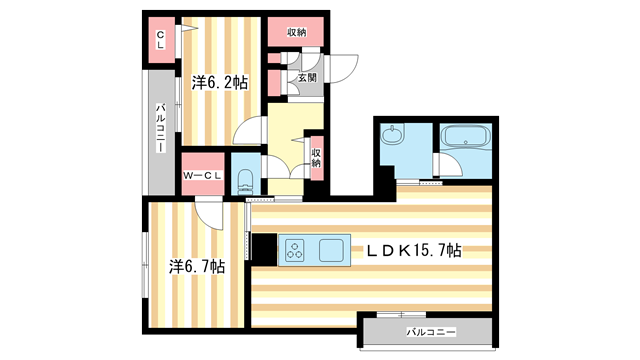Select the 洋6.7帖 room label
pos(196,267)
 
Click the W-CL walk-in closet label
pos(203,177)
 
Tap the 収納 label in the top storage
pos(297,33)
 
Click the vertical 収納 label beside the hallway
pos(316,157)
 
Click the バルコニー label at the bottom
pos(431,329)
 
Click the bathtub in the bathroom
pos(463,139)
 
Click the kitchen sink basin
pos(331,250)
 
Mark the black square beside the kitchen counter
pos(264,250)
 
